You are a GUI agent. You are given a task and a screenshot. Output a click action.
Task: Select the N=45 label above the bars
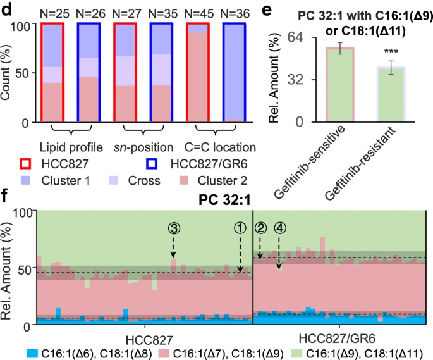[x=199, y=11]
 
